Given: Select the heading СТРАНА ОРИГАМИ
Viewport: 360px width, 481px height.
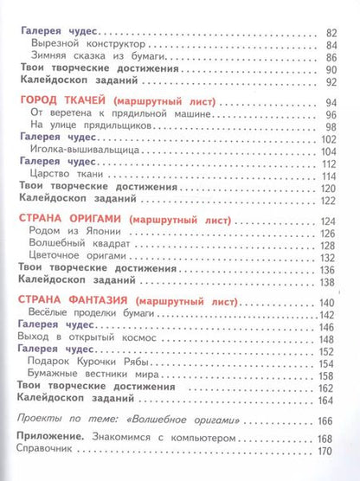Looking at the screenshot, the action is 70,221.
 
